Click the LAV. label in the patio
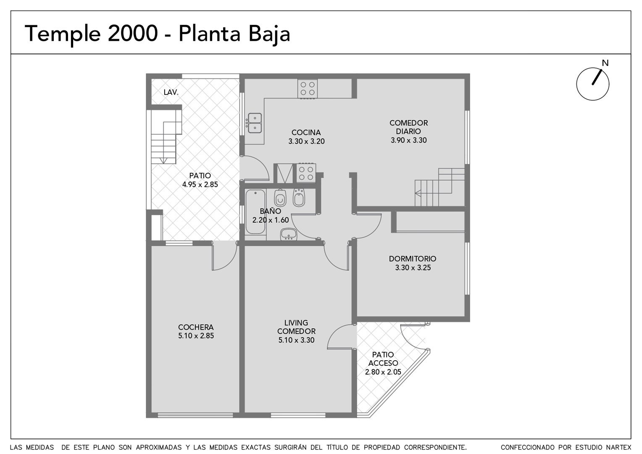point(171,92)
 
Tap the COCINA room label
point(306,132)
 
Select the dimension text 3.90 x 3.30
point(409,140)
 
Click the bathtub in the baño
point(255,211)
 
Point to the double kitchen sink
point(255,123)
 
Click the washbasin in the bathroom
point(289,234)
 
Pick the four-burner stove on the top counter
point(308,89)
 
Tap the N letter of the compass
point(605,63)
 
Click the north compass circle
point(593,68)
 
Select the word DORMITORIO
point(413,259)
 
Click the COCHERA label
point(196,327)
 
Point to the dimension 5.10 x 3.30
point(296,340)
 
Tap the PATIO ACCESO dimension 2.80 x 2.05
point(383,372)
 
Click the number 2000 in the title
point(133,34)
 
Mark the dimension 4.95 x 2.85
point(200,185)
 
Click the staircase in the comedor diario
point(439,187)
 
